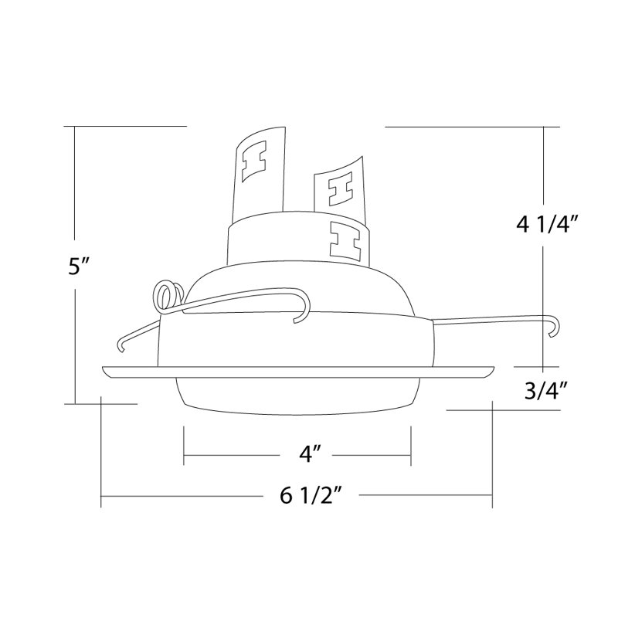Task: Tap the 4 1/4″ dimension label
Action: [x=547, y=225]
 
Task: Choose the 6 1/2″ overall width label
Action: [x=311, y=495]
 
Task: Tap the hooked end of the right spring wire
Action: [x=555, y=326]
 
